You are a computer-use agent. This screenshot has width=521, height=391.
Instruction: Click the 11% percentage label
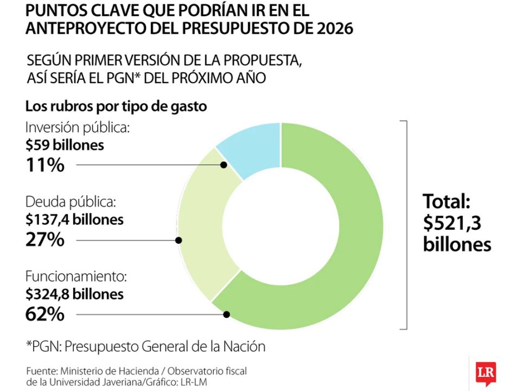click(45, 165)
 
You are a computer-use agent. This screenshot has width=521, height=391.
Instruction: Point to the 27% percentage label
click(45, 239)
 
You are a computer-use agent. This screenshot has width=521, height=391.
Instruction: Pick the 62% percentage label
click(45, 314)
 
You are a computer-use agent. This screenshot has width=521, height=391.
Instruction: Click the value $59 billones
click(65, 146)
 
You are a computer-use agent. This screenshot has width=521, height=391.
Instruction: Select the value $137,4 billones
click(74, 220)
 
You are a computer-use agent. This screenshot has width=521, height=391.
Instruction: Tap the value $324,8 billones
click(74, 294)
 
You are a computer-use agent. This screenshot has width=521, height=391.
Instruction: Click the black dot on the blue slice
click(223, 165)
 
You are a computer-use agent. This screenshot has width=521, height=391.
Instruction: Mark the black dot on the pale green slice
click(179, 239)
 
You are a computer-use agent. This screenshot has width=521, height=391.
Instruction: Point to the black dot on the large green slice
click(227, 314)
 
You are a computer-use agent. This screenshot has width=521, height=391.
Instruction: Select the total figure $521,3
click(453, 223)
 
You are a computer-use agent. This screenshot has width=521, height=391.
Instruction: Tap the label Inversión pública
click(77, 128)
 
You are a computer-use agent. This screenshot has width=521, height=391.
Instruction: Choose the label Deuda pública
click(71, 203)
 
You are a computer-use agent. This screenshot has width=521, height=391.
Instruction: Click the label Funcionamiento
click(76, 277)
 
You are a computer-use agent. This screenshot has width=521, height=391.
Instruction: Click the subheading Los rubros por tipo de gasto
click(116, 106)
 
